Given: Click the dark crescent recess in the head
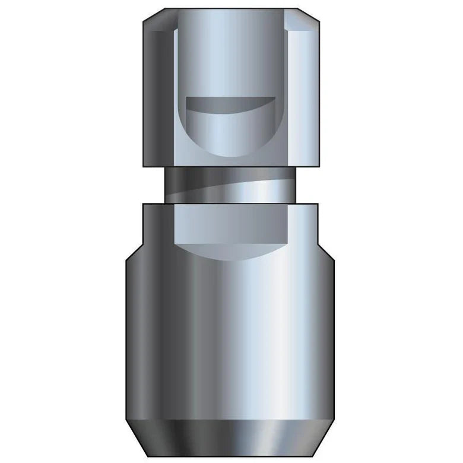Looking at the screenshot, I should [231, 105].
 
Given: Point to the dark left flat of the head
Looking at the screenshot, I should [159, 95].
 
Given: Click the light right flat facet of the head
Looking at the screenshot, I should [302, 95].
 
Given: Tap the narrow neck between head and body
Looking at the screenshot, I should [231, 185].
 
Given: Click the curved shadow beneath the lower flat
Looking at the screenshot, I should [231, 249].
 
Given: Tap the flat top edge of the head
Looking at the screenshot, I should [231, 9].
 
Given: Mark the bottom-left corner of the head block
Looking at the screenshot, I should [145, 166].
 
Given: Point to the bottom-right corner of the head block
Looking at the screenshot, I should [317, 166].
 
